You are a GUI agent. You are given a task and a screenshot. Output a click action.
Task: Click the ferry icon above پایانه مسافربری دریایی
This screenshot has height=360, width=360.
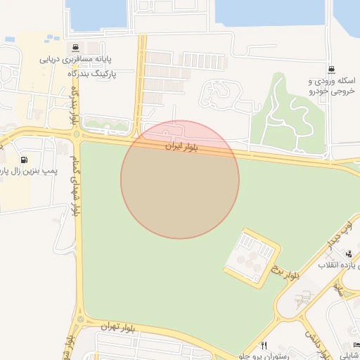[x=74, y=49]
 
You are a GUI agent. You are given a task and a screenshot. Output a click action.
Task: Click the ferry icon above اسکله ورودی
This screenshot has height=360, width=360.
[x=330, y=70]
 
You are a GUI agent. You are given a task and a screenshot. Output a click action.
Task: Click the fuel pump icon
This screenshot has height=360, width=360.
[x=25, y=160]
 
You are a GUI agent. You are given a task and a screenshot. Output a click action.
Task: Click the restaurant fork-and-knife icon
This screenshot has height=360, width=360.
[x=264, y=345]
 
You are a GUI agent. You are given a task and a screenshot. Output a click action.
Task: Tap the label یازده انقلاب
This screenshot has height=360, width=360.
[x=338, y=265]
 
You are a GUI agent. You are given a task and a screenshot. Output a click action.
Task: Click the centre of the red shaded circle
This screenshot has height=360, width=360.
[x=180, y=179]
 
